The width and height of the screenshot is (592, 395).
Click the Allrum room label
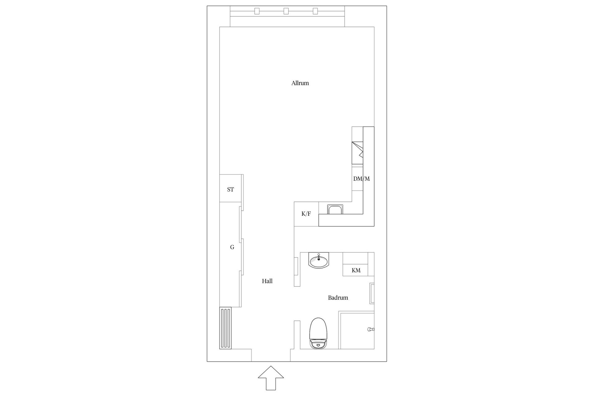pos(300,83)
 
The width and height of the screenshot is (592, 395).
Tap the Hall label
pos(267,281)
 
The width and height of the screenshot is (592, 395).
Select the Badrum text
pos(338,298)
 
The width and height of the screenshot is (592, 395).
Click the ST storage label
pos(230,189)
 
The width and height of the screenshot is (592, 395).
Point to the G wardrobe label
pos(232,247)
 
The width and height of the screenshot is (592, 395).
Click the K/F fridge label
pos(306,214)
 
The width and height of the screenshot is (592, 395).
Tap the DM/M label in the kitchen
pos(361,179)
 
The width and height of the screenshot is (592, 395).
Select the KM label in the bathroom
pos(356,270)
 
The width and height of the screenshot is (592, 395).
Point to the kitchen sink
pos(335,210)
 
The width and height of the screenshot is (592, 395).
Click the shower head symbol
pos(370,330)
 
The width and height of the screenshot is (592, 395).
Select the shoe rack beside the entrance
pos(225,328)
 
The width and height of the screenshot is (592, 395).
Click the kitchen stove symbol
pos(358,153)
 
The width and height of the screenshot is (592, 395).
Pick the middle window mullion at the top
pos(286,11)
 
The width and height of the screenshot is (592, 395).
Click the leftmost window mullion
pos(257,11)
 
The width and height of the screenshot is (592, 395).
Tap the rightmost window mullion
pos(315,11)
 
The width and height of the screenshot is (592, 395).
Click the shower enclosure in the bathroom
pos(356,330)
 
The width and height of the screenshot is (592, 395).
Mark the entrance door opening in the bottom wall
pos(271,355)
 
